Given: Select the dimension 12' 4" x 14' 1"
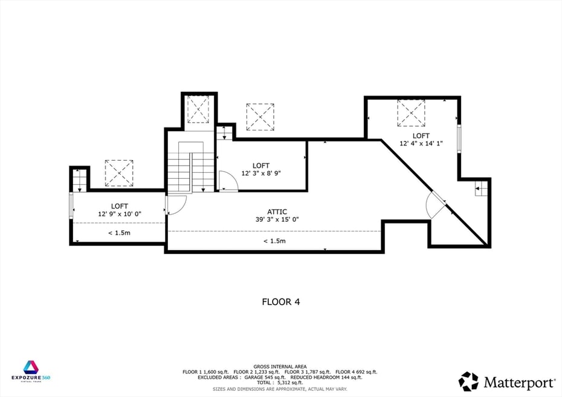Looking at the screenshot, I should [x=421, y=144].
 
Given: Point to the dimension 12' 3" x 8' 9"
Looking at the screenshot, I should [x=261, y=173].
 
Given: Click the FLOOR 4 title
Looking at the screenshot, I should [x=280, y=301].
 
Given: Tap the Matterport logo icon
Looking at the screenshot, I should [x=468, y=381].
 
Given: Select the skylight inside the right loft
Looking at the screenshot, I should [x=411, y=113].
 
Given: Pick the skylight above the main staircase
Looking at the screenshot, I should [x=198, y=109].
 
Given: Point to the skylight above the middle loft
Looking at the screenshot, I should [x=260, y=117].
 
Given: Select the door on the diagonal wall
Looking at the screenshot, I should [x=437, y=205].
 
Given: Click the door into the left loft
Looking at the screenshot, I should [x=173, y=205].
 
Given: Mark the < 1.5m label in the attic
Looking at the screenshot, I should [x=274, y=241].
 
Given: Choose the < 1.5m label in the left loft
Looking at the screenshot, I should [x=119, y=233].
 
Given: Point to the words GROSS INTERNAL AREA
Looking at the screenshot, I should [x=280, y=366].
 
